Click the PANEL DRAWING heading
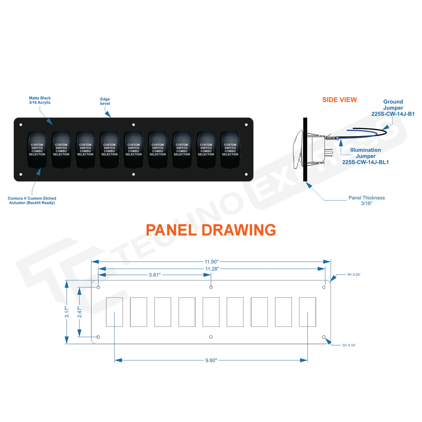pyautogui.click(x=211, y=230)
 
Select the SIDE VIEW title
pyautogui.click(x=339, y=100)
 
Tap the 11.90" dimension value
pyautogui.click(x=211, y=262)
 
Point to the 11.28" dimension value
pyautogui.click(x=212, y=269)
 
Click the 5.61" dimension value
pyautogui.click(x=155, y=275)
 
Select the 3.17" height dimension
pyautogui.click(x=67, y=312)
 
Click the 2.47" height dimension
pyautogui.click(x=79, y=312)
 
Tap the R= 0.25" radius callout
pyautogui.click(x=354, y=275)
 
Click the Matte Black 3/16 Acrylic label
pyautogui.click(x=40, y=100)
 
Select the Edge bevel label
pyautogui.click(x=105, y=101)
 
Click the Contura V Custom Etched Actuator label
pyautogui.click(x=32, y=200)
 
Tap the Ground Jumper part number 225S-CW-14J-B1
pyautogui.click(x=393, y=114)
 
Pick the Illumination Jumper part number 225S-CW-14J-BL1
pyautogui.click(x=365, y=162)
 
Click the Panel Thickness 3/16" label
pyautogui.click(x=366, y=200)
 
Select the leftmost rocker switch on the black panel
pyautogui.click(x=37, y=149)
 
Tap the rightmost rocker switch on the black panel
pyautogui.click(x=230, y=149)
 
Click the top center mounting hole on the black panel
pyautogui.click(x=134, y=125)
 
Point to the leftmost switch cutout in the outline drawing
pyautogui.click(x=114, y=312)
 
